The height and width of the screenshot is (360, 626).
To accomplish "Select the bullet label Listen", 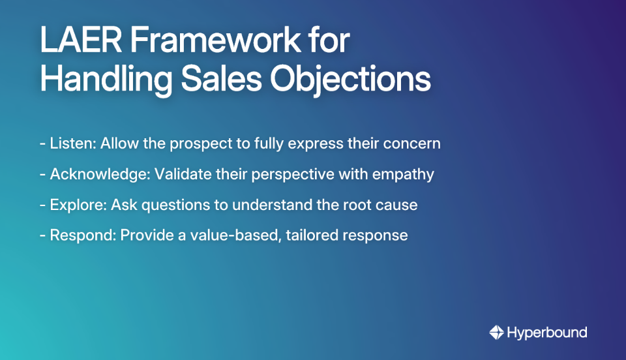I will click(x=72, y=144).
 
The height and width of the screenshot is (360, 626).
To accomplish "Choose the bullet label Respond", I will click(x=82, y=235).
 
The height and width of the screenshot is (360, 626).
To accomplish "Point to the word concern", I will click(x=415, y=144).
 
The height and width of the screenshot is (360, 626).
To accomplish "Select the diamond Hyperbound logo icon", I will click(x=497, y=333).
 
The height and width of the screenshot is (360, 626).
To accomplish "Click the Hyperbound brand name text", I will click(x=548, y=333).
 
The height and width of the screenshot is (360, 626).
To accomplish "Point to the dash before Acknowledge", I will click(x=42, y=175).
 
